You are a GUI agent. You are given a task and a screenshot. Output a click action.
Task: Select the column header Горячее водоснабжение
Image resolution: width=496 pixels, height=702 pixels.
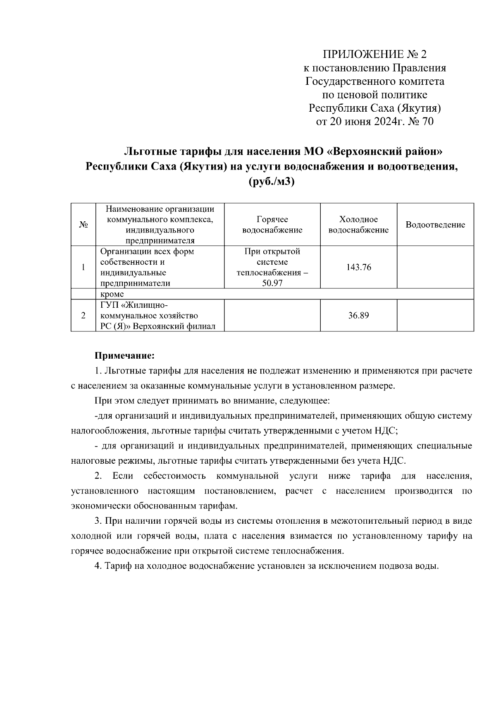click(272, 225)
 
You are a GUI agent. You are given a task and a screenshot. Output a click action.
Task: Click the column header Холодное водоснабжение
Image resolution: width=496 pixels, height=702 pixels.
click(358, 225)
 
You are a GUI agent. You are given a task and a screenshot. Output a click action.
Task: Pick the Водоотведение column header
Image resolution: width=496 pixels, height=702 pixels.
click(435, 225)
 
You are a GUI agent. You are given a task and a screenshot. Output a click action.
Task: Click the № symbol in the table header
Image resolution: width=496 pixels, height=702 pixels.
click(83, 225)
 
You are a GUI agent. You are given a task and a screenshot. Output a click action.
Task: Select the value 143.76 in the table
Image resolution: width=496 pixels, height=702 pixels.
click(358, 267)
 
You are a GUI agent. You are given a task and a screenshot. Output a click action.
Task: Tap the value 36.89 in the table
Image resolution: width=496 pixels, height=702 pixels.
click(358, 315)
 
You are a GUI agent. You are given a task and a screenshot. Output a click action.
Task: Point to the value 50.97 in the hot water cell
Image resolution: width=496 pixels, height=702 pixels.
click(272, 283)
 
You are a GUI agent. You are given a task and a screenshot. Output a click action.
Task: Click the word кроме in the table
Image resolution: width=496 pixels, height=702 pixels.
click(112, 294)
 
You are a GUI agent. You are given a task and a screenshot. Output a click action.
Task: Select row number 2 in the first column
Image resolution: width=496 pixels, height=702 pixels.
click(83, 315)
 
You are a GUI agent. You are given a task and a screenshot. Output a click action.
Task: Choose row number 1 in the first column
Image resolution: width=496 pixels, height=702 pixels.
click(83, 267)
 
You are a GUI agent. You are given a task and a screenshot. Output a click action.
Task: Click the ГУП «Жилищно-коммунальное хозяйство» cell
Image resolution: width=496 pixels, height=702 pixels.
click(157, 315)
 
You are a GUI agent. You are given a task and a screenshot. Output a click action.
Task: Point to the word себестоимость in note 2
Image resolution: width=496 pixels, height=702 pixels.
click(174, 476)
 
